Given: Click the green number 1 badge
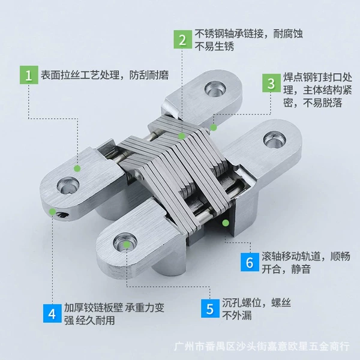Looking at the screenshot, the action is click(x=29, y=75).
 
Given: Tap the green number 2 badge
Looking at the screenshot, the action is click(x=183, y=40).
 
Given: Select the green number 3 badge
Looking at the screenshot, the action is click(x=272, y=83).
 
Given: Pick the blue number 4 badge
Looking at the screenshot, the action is click(x=52, y=313).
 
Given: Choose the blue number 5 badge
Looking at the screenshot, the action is click(x=210, y=308).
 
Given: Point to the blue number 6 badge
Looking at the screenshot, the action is click(x=250, y=262).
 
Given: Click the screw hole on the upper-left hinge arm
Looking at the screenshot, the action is click(x=68, y=185).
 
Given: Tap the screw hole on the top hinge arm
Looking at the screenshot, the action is click(x=215, y=89).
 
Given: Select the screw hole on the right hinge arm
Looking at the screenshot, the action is click(x=274, y=140).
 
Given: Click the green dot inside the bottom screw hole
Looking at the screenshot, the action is click(x=127, y=245).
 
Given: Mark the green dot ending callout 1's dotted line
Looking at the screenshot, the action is click(x=77, y=169).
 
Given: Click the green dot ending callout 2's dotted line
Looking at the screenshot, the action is click(x=182, y=136).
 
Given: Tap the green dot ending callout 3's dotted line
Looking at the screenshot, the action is click(x=214, y=127).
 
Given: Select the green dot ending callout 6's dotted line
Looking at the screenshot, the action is click(x=226, y=223).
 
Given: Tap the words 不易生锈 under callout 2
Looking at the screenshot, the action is click(x=214, y=46).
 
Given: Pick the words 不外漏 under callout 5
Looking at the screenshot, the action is click(x=237, y=315).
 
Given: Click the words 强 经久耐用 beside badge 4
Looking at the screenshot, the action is click(x=89, y=320).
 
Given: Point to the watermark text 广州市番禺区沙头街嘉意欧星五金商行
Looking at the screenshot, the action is click(x=262, y=346).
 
